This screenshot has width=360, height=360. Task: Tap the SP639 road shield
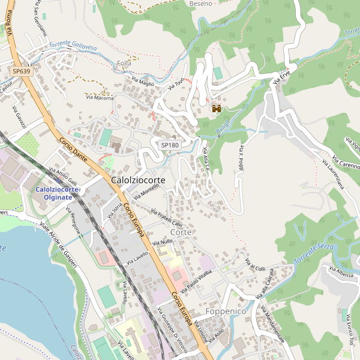pyautogui.click(x=21, y=71)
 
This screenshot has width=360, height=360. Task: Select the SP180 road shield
pyautogui.click(x=170, y=145)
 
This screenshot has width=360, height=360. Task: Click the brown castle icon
pyautogui.click(x=217, y=108)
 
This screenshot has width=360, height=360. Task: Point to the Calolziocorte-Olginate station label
pyautogui.click(x=58, y=194)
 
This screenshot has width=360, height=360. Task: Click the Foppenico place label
pyautogui.click(x=226, y=313)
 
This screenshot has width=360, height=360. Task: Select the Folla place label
pyautogui.click(x=124, y=63)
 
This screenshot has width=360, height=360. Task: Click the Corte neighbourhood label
pyautogui.click(x=181, y=232)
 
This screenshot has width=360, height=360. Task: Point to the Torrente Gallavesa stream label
pyautogui.click(x=73, y=46)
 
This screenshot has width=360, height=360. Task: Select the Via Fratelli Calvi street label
pyautogui.click(x=166, y=219)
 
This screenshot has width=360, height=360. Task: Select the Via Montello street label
pyautogui.click(x=147, y=191)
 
